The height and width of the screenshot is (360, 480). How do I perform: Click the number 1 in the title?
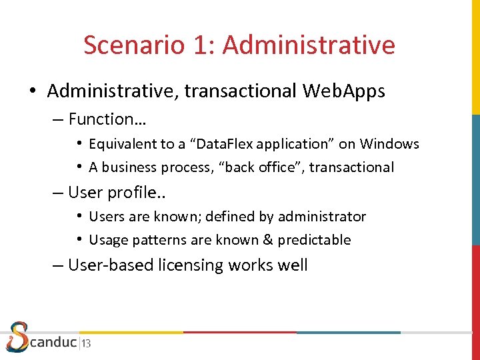(x=201, y=45)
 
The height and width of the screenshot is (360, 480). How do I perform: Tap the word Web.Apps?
(x=344, y=91)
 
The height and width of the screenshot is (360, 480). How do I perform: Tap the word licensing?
(x=191, y=265)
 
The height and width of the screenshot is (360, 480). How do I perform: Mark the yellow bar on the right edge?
(x=475, y=57)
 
